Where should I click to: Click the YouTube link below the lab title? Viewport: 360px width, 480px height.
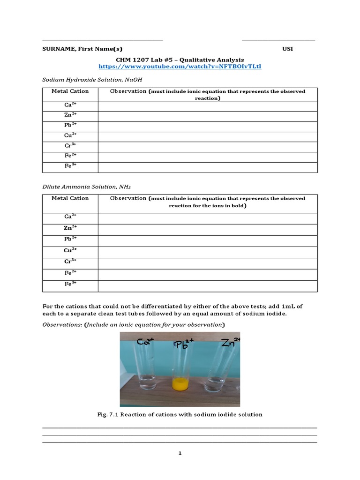(180, 67)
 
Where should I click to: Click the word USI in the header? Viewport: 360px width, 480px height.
(287, 49)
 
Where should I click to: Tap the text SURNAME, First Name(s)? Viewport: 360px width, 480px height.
(82, 49)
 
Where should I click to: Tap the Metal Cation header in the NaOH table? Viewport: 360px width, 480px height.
(70, 91)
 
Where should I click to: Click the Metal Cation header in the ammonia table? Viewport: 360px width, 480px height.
(70, 198)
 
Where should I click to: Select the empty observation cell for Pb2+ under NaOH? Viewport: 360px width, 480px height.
(207, 126)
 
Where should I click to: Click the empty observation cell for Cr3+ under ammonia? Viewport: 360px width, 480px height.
(207, 262)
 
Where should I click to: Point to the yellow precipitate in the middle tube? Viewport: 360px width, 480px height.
(180, 384)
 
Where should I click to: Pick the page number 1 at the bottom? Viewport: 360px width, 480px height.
(180, 453)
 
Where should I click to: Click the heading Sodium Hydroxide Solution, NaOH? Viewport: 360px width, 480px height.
(92, 80)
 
